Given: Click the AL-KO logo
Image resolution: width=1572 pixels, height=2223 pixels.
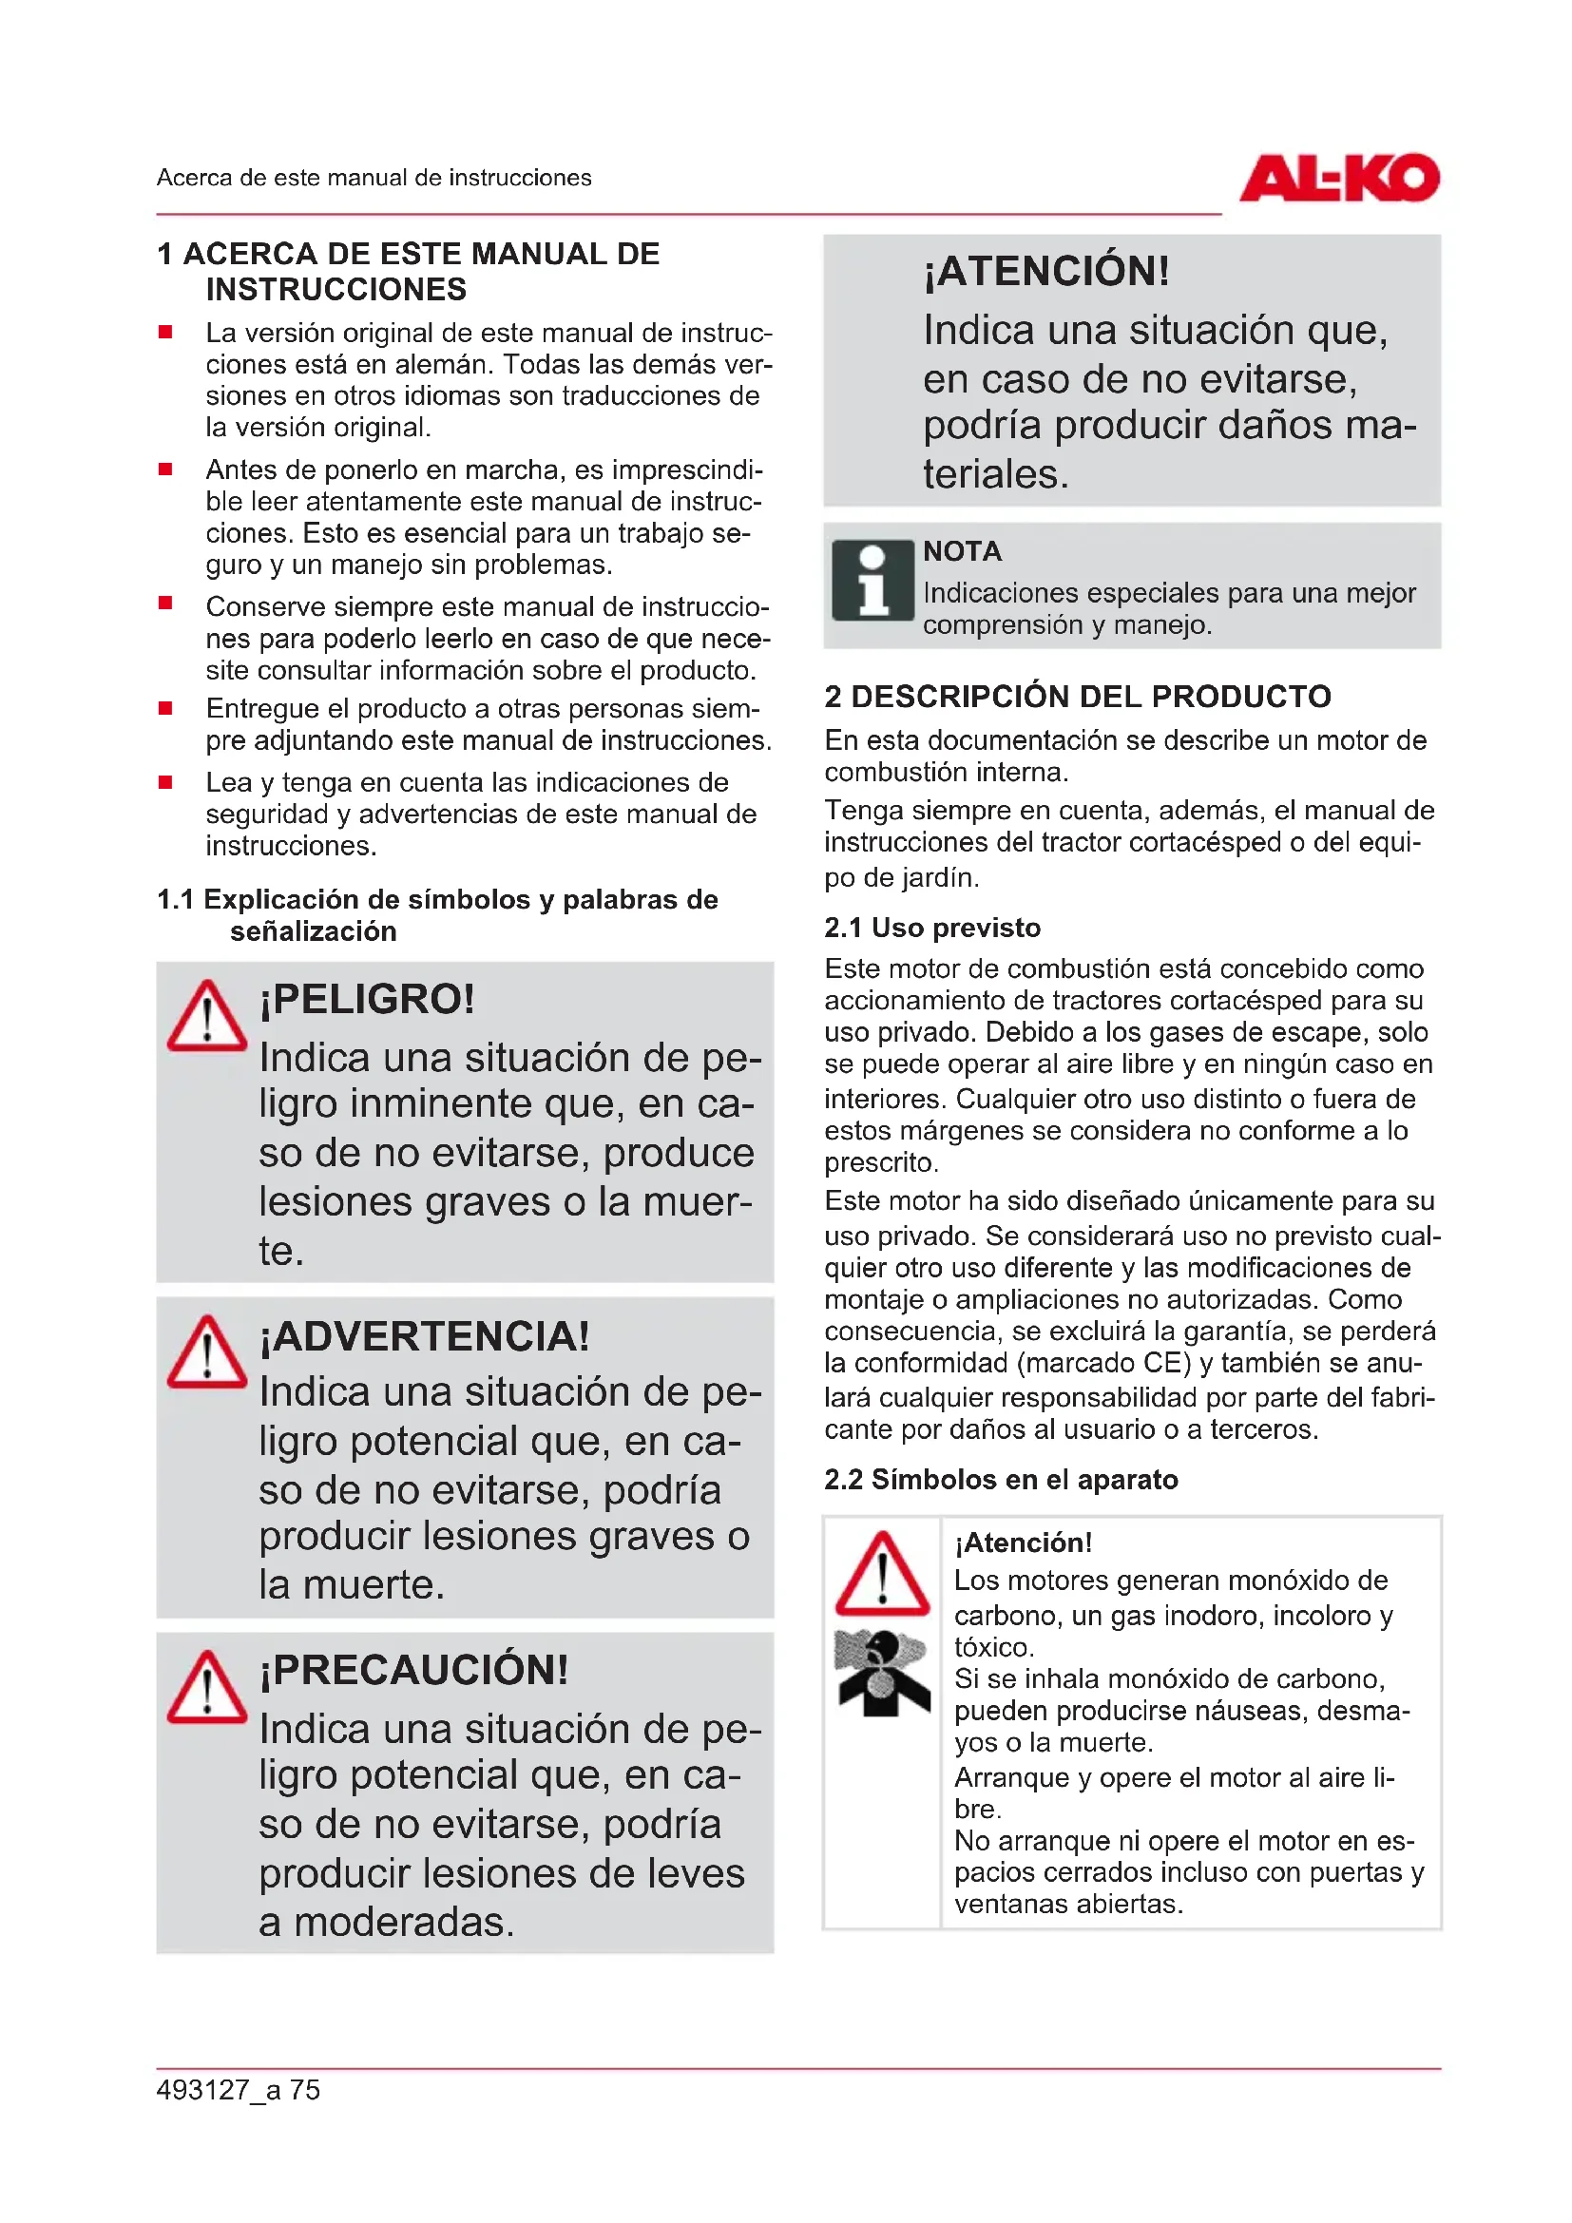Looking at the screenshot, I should coord(1339,178).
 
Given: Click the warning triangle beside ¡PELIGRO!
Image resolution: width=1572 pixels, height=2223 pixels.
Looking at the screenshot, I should coord(206,1018).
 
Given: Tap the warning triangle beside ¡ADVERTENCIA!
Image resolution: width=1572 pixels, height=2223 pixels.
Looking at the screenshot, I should coord(206,1352).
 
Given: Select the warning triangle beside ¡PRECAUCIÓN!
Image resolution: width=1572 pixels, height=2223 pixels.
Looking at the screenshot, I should coord(206,1689).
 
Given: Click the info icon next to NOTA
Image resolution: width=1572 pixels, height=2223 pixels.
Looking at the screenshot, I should coord(872,580).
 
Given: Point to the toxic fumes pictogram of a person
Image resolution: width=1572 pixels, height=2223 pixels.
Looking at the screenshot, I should coord(881,1672).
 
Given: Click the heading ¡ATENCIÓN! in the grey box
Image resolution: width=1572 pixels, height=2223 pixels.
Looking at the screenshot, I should coord(1045,271).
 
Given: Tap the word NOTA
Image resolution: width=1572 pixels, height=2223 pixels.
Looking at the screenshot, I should coord(962,552).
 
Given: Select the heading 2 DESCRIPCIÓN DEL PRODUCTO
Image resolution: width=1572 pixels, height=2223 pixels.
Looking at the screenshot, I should coord(1078,696).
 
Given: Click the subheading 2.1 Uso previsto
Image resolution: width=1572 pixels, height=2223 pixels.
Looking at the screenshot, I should coord(932,928).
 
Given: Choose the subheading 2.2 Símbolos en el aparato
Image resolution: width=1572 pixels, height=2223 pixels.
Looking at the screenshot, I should coord(1001,1480).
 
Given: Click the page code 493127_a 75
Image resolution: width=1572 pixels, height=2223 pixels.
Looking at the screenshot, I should coord(239,2089).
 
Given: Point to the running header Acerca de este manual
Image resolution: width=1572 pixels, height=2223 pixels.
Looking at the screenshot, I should coord(374,178).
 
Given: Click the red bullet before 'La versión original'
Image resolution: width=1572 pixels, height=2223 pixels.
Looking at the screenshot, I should coord(165,333).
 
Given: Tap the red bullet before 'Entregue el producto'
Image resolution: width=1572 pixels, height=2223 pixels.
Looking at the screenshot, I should coord(165,709).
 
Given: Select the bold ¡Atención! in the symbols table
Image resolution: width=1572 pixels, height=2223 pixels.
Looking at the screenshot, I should coord(1023,1543).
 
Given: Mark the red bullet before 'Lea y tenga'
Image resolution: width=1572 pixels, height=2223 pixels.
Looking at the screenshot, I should coord(165,782).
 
